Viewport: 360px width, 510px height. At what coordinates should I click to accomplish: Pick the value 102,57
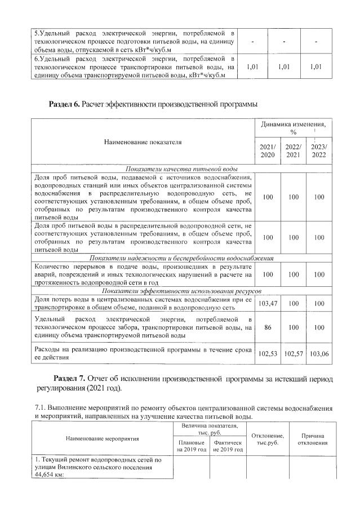[294, 356]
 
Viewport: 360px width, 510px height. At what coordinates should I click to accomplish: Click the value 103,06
[319, 356]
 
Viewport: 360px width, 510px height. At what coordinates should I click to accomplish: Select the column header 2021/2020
[268, 151]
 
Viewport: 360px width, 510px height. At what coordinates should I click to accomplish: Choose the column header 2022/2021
[294, 151]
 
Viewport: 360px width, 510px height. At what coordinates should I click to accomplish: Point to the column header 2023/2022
[319, 151]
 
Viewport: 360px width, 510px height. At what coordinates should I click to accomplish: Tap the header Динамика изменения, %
[293, 127]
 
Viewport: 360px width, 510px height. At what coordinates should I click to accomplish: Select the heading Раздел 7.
[69, 376]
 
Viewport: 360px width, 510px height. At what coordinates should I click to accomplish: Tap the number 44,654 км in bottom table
[47, 474]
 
